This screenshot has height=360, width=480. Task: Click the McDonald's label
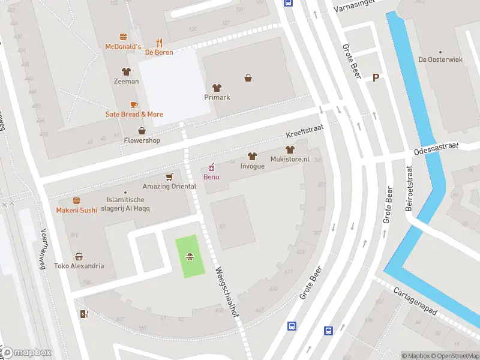[x=123, y=46]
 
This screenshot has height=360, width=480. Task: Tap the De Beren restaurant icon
[x=159, y=43]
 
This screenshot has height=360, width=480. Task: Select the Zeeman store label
[x=126, y=81]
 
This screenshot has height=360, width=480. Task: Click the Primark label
[x=217, y=97]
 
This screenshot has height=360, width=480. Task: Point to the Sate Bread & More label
[x=134, y=114]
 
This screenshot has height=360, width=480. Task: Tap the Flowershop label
[x=142, y=140]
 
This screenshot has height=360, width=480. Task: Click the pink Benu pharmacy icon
[x=211, y=167]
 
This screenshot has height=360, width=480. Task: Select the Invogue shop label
[x=252, y=166]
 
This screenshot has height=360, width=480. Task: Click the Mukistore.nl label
[x=290, y=160]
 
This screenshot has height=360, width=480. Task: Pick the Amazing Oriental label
[x=169, y=186]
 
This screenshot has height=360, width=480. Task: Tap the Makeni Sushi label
[x=76, y=210]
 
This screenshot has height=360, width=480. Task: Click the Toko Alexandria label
[x=79, y=266]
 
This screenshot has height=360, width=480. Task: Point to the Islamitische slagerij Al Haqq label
[x=125, y=204]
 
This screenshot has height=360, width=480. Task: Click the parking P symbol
[x=376, y=78]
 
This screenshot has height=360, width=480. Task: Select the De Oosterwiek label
[x=440, y=59]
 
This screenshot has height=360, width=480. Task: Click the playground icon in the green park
[x=190, y=257]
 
